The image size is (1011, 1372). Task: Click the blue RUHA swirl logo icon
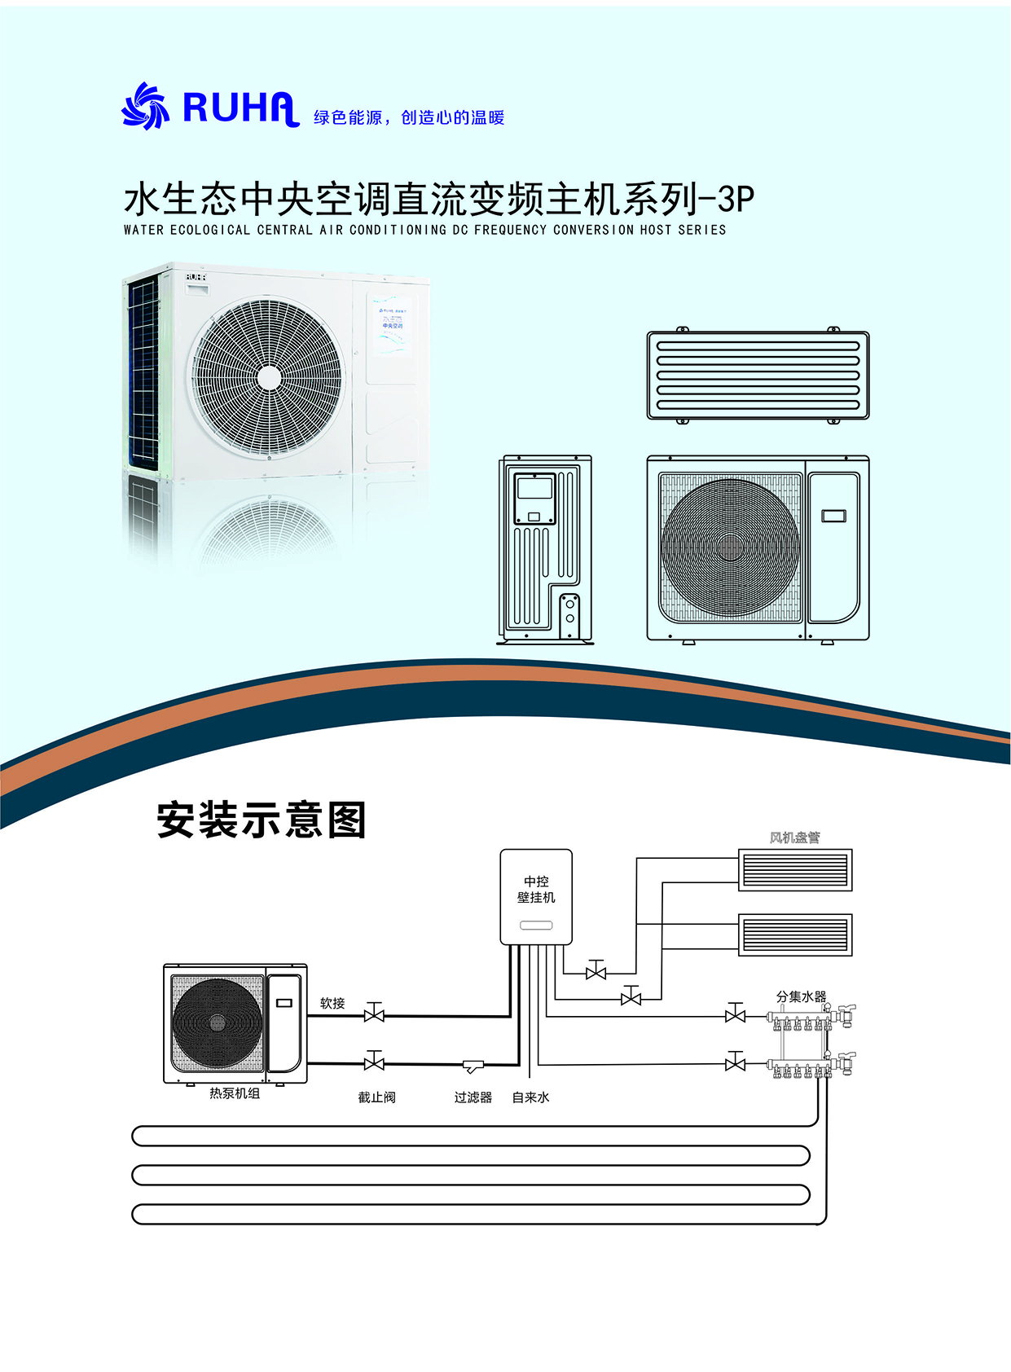coord(145,106)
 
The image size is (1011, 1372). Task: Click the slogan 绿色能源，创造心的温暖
coord(409,117)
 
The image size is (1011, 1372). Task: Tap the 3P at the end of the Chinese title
coord(736,199)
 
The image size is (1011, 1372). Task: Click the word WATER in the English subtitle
coord(144,231)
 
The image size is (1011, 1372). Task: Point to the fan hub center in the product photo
coord(268,378)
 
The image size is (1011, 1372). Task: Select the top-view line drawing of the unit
coord(758,375)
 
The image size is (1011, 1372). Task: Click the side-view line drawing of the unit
coord(545,549)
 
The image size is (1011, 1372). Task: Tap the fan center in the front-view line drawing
coord(730,547)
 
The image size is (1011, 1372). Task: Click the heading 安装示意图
coord(262,820)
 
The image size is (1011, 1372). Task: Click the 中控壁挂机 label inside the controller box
coord(536,890)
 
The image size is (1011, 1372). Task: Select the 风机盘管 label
coord(794,838)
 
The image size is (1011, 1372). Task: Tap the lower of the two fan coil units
coord(795,934)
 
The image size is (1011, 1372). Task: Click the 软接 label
coord(332,1003)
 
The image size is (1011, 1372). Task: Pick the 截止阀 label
coord(376,1097)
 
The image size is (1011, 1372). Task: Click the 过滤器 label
coord(473,1097)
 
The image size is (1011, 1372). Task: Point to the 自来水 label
coord(530,1097)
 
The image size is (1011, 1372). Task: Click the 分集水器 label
coord(801,996)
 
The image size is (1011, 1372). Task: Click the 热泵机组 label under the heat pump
coord(235,1093)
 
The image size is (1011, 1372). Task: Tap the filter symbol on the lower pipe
coord(473,1067)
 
